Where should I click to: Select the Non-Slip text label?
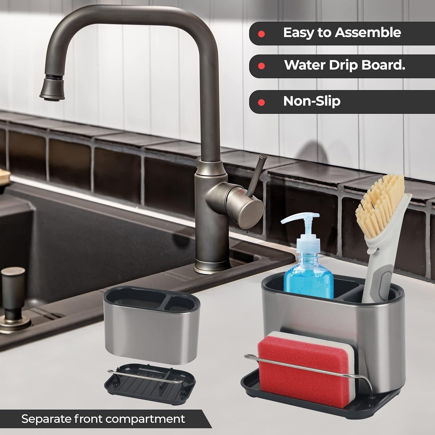pos(312,101)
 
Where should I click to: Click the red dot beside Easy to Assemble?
pos(261,34)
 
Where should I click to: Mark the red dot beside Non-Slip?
pos(261,103)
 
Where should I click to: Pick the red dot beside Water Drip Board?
pos(261,66)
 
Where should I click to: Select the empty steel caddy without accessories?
pos(151,325)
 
